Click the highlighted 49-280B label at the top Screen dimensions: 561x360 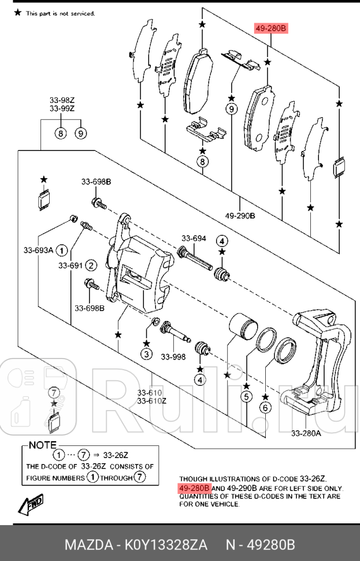(x=270, y=28)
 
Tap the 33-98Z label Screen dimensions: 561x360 (x=62, y=100)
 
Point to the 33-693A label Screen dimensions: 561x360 (x=38, y=250)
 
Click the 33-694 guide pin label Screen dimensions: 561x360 (x=194, y=238)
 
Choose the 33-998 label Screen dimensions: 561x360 (x=173, y=357)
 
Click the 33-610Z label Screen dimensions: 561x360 (x=152, y=401)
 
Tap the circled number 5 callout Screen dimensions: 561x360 (x=247, y=397)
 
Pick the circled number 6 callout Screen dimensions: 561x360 (x=265, y=407)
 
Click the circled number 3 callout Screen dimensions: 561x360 (x=146, y=354)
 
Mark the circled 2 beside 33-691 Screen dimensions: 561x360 (x=91, y=265)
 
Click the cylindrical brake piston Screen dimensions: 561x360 (x=242, y=327)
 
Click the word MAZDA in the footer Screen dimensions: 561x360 (x=87, y=545)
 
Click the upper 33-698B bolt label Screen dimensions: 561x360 (x=96, y=182)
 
